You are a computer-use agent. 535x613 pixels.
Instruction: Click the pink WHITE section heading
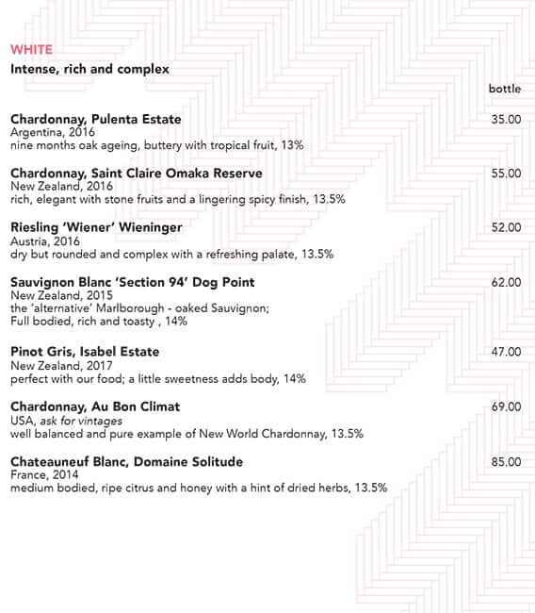[31, 49]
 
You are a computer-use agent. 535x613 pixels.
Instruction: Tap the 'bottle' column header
[505, 89]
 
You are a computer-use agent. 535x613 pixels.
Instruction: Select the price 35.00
[506, 119]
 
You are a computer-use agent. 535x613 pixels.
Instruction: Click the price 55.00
[506, 174]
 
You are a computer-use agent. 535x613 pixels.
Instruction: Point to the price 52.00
[506, 227]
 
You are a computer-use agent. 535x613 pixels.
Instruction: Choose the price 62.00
[506, 282]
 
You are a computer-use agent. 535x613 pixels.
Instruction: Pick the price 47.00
[506, 352]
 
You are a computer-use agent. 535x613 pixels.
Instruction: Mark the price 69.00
[506, 406]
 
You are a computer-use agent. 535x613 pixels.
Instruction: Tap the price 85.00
[506, 461]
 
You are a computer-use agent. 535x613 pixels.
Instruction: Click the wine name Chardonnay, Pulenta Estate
[95, 119]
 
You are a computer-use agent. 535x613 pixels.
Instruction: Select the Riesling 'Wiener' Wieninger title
[96, 227]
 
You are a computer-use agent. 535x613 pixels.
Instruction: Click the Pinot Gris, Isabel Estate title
[85, 352]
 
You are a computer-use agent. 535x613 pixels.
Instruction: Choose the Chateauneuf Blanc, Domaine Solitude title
[126, 461]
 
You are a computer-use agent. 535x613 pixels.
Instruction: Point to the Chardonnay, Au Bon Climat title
[95, 406]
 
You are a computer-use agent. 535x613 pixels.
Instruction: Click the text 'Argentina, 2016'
[47, 133]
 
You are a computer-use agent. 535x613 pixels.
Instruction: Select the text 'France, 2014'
[41, 475]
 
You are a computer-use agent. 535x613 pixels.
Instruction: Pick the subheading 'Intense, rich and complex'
[89, 69]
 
